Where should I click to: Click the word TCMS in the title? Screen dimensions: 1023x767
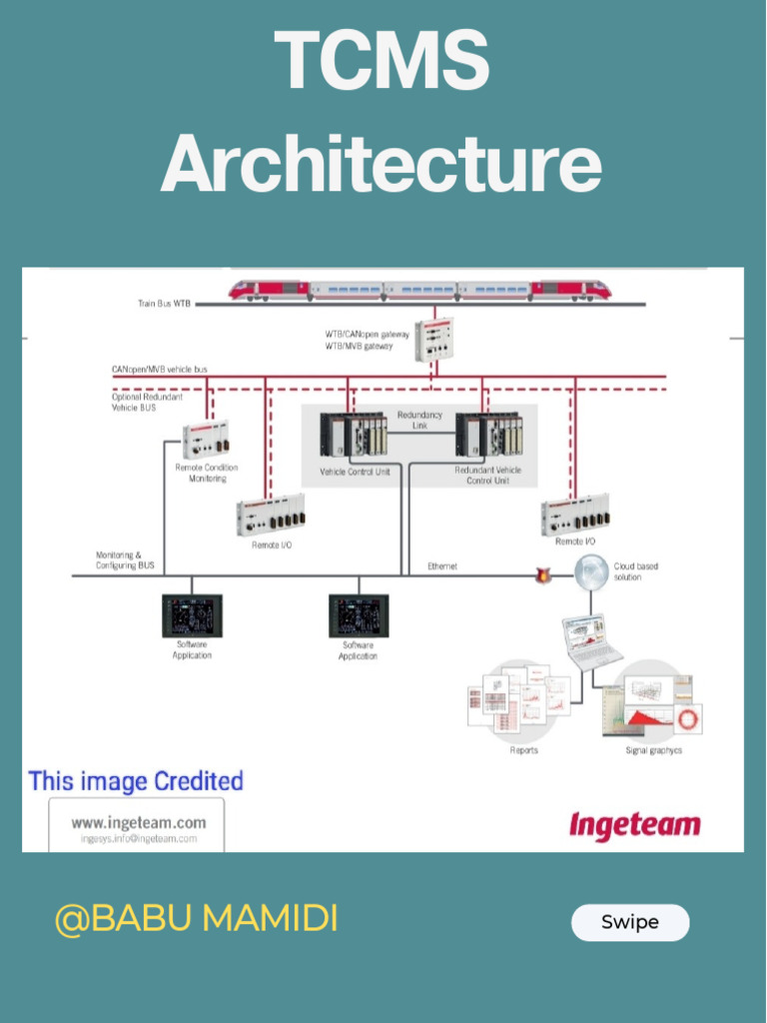point(382,62)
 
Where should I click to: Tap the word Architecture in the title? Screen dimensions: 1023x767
point(382,165)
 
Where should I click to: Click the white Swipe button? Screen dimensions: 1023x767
point(630,922)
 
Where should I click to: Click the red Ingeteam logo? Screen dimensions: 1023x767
point(635,825)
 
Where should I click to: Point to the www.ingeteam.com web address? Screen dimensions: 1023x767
point(138,823)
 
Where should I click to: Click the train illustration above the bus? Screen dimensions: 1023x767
point(419,290)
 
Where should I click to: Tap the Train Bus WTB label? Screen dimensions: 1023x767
point(165,304)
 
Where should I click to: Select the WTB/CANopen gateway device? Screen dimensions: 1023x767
point(433,340)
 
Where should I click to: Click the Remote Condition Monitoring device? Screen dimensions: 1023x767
point(206,439)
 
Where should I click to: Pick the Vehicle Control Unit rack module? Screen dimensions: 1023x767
point(353,436)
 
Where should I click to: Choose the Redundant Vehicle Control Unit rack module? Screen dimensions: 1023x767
point(487,435)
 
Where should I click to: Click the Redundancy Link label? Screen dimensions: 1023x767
point(419,420)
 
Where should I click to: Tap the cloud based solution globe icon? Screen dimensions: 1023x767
point(590,571)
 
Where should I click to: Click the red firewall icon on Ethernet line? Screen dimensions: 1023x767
point(544,575)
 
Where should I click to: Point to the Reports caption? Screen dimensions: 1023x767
point(524,750)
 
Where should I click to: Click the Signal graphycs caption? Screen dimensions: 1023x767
point(653,750)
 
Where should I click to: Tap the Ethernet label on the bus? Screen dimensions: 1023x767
point(442,566)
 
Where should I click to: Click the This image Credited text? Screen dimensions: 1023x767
point(136,781)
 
